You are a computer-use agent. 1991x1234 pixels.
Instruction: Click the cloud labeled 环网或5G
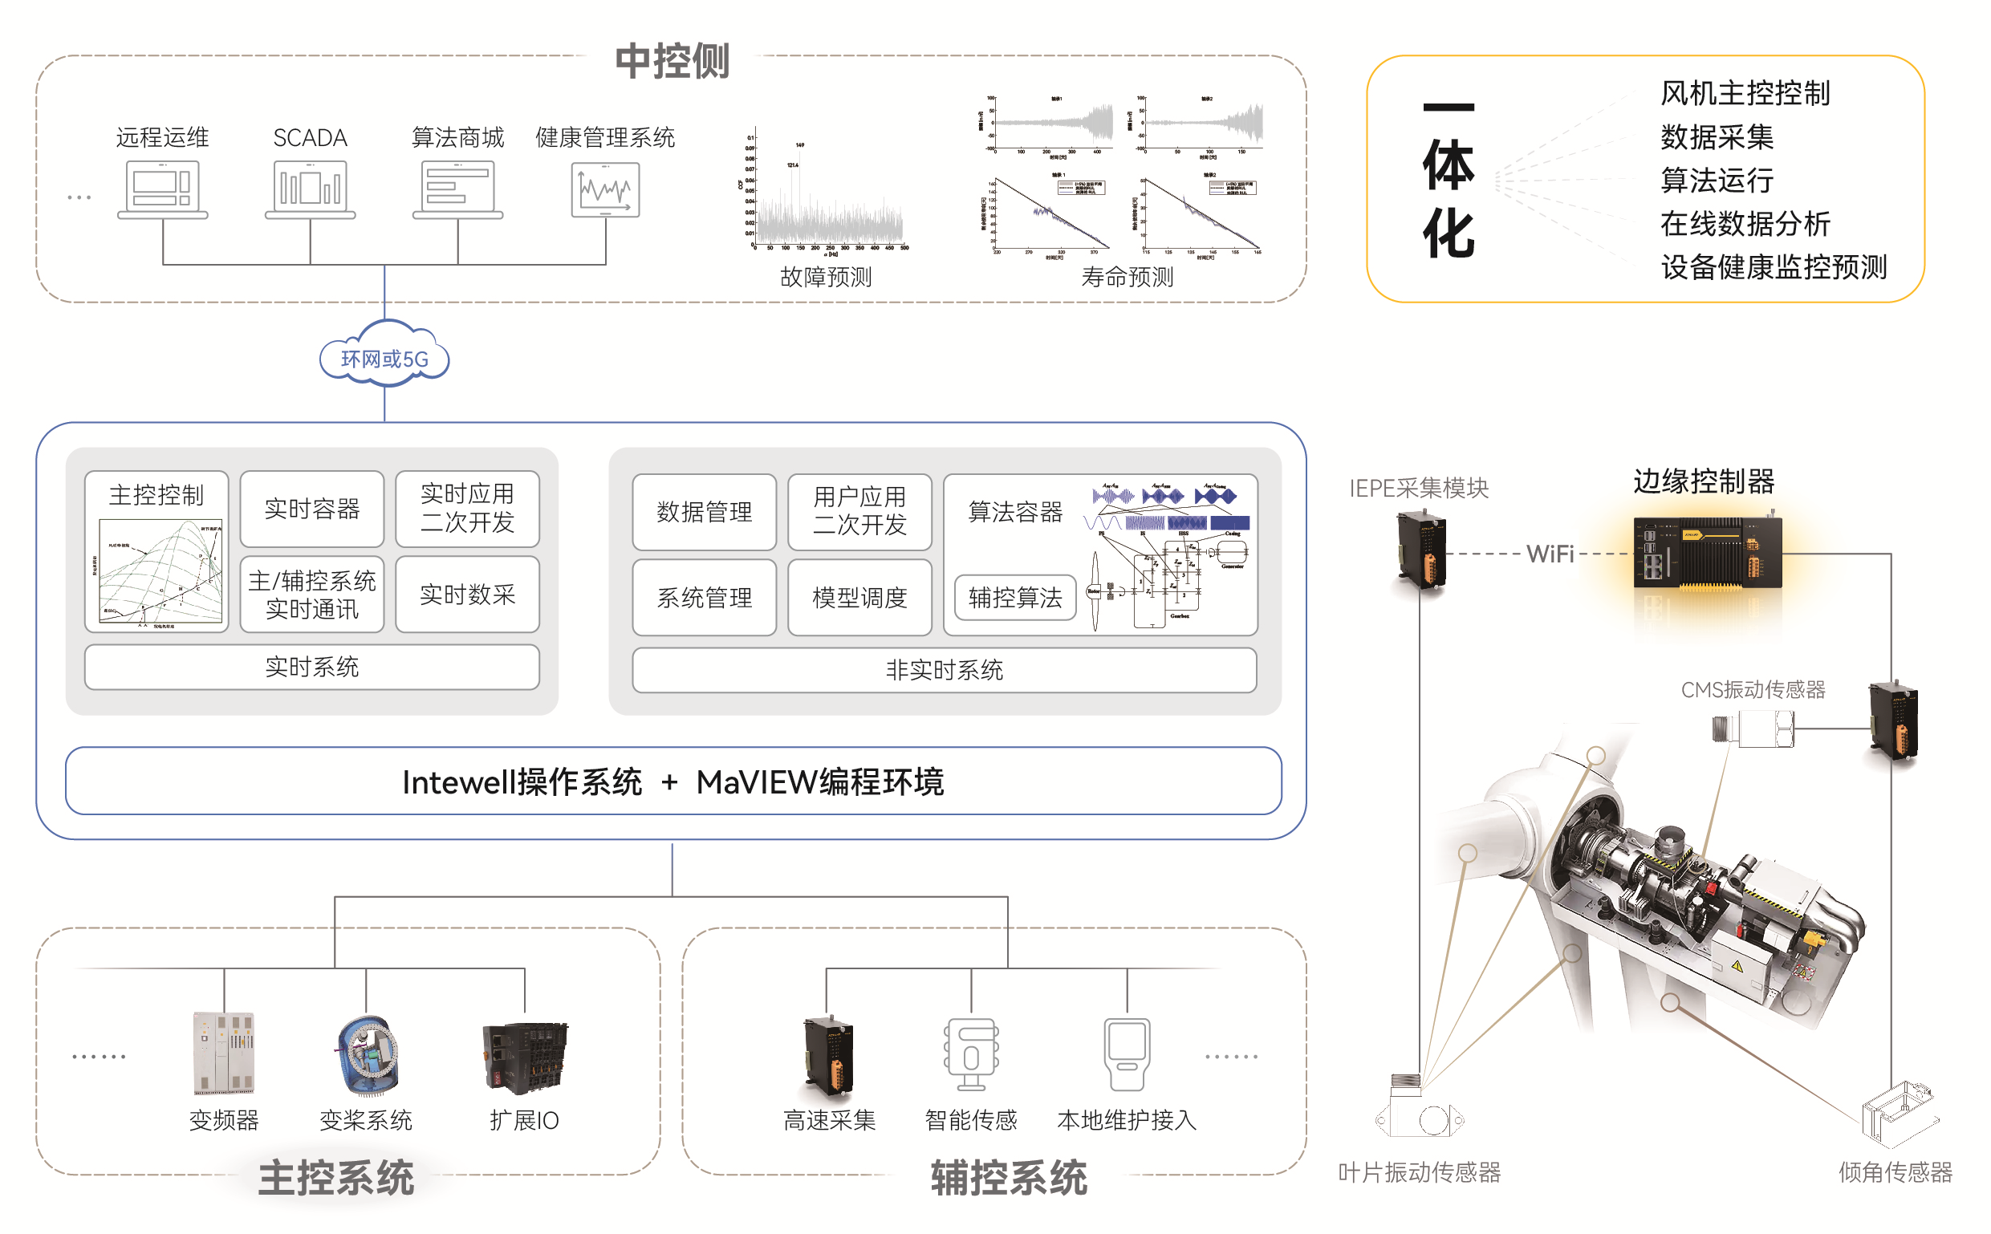[384, 358]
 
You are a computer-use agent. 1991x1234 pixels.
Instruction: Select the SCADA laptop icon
[310, 189]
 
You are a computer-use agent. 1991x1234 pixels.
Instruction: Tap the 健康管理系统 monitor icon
[605, 189]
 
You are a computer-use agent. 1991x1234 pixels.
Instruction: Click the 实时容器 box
[311, 509]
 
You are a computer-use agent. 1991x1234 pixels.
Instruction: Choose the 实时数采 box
[467, 595]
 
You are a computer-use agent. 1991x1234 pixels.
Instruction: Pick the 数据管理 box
[704, 512]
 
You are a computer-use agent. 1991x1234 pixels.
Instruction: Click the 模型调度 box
[859, 598]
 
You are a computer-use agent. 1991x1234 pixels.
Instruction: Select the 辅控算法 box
[1014, 598]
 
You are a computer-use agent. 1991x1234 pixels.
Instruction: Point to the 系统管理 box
[704, 598]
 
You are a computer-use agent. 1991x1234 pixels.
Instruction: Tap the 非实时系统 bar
[944, 670]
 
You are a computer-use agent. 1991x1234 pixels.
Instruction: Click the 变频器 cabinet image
[224, 1052]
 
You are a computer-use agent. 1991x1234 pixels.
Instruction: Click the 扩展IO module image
[525, 1057]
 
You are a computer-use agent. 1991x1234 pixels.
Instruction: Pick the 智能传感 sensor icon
[970, 1053]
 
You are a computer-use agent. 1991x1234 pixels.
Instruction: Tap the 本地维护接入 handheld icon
[1127, 1053]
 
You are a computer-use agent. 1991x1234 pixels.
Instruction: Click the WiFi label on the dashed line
[1550, 554]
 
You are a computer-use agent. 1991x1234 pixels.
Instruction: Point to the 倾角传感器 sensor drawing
[1898, 1114]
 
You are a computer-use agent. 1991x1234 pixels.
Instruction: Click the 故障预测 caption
[825, 278]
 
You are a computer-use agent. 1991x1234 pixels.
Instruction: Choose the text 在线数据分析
[1745, 224]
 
